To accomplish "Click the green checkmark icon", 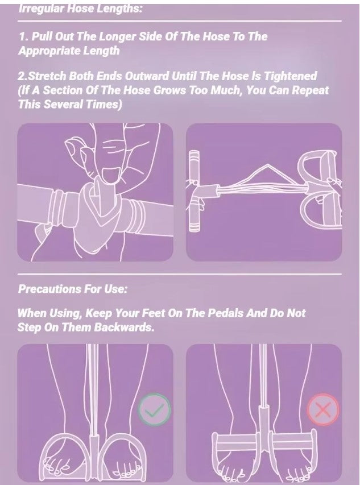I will (154, 409).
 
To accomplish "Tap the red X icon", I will (322, 409).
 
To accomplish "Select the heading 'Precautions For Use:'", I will (73, 289).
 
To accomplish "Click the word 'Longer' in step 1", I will (100, 36).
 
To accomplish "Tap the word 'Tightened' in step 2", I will (289, 76).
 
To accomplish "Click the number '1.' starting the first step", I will (23, 36).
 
